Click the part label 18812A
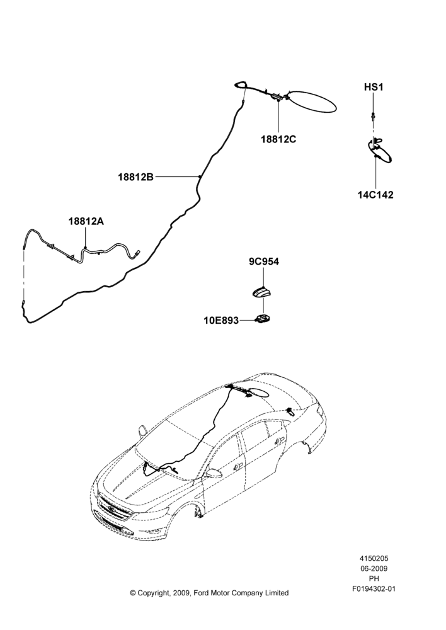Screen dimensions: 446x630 pyautogui.click(x=86, y=221)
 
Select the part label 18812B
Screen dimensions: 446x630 pyautogui.click(x=136, y=177)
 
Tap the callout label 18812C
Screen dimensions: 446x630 pyautogui.click(x=278, y=139)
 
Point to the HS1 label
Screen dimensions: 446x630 pyautogui.click(x=374, y=87)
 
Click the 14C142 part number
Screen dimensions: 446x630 pyautogui.click(x=375, y=195)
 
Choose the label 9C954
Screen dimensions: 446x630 pyautogui.click(x=263, y=261)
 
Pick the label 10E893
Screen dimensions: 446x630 pyautogui.click(x=221, y=321)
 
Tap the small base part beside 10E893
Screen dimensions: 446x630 pyautogui.click(x=263, y=319)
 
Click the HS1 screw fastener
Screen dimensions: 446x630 pyautogui.click(x=374, y=117)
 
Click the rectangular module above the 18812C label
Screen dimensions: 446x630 pyautogui.click(x=277, y=96)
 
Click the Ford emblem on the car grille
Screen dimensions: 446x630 pyautogui.click(x=111, y=510)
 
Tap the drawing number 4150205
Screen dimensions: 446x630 pyautogui.click(x=374, y=558)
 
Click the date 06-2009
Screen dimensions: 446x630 pyautogui.click(x=374, y=568)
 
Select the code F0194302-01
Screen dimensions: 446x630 pyautogui.click(x=374, y=589)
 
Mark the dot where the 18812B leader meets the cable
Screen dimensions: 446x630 pyautogui.click(x=200, y=176)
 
